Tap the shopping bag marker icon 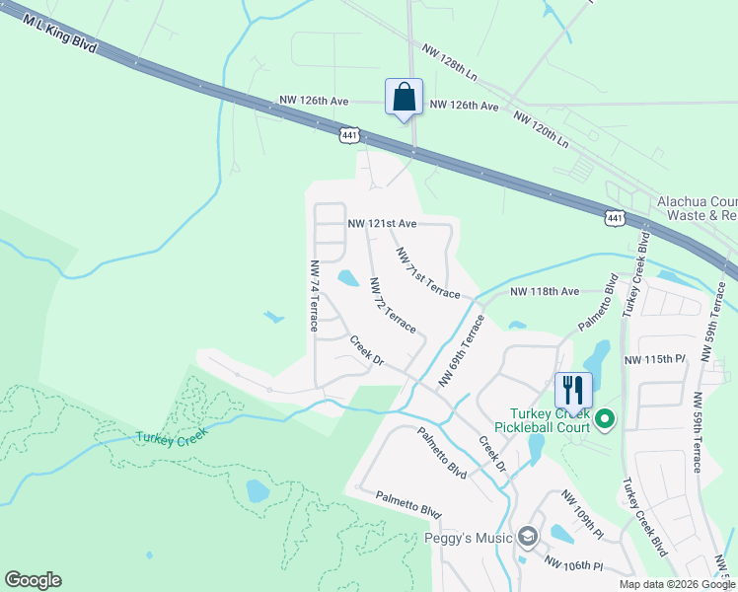tap(404, 98)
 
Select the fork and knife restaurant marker tap(572, 389)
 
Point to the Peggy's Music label tap(468, 538)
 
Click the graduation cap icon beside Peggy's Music tap(528, 537)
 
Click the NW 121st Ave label tap(382, 224)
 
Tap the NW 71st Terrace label tap(428, 273)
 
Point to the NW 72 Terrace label tap(393, 304)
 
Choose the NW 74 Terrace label tap(314, 295)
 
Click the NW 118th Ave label tap(546, 292)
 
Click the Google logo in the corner tap(33, 580)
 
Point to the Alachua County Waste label tap(697, 208)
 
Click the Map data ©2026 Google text tap(677, 584)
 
